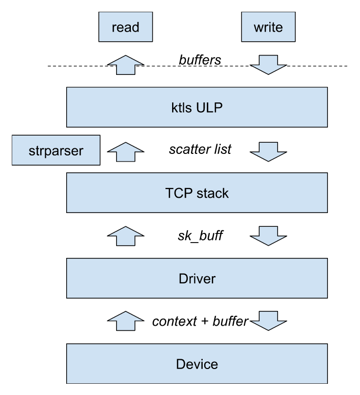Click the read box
click(x=125, y=27)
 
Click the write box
click(x=268, y=27)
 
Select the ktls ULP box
click(x=197, y=108)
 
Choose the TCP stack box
click(x=197, y=193)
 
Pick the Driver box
click(x=197, y=279)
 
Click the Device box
click(x=197, y=364)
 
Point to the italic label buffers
click(x=200, y=60)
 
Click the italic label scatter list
click(x=200, y=149)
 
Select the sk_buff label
click(x=200, y=235)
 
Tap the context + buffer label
click(x=200, y=321)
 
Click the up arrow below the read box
click(x=125, y=63)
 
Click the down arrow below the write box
click(x=268, y=63)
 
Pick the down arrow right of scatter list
click(x=268, y=150)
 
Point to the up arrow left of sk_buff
click(x=125, y=235)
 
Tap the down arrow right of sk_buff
click(x=268, y=235)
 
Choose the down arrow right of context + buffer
click(x=268, y=321)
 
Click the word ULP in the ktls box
click(x=210, y=108)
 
